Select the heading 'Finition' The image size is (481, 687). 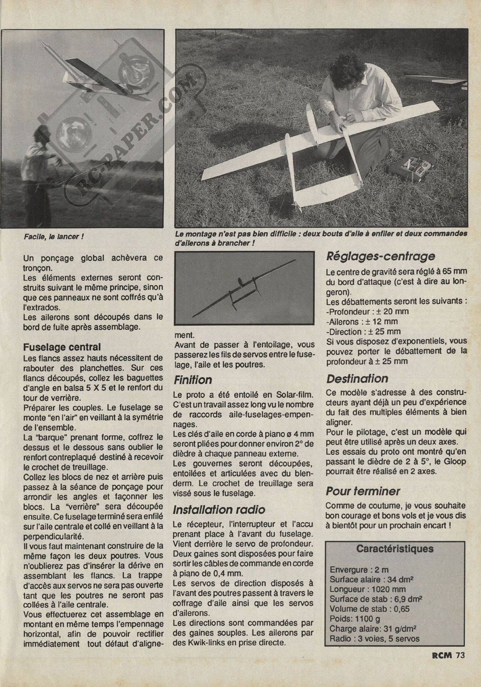pyautogui.click(x=193, y=380)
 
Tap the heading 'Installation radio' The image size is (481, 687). pyautogui.click(x=219, y=510)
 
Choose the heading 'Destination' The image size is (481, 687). pyautogui.click(x=357, y=379)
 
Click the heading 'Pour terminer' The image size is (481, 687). pyautogui.click(x=363, y=491)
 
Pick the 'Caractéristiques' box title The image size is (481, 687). pyautogui.click(x=395, y=549)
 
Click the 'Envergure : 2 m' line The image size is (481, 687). pyautogui.click(x=359, y=570)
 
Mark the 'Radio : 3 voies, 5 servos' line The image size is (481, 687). pyautogui.click(x=374, y=639)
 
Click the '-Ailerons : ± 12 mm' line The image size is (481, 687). pyautogui.click(x=362, y=321)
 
